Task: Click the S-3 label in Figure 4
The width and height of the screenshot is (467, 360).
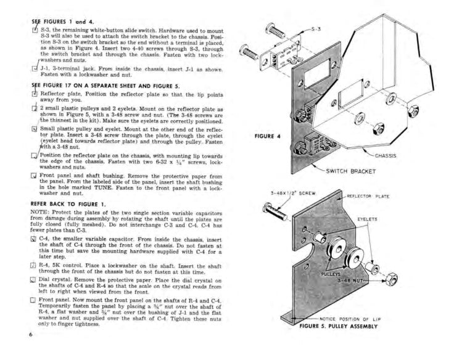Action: (316, 28)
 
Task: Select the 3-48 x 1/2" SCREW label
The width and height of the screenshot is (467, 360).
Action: (292, 194)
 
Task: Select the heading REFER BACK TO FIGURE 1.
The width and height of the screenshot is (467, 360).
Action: (68, 202)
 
